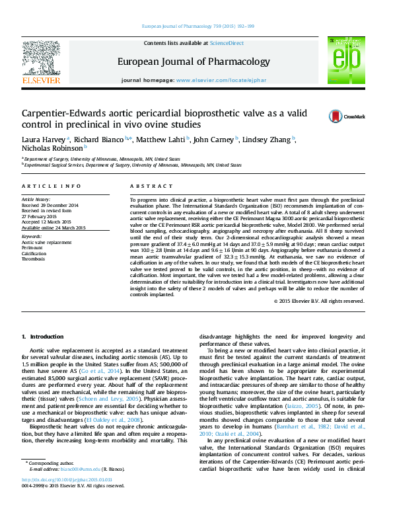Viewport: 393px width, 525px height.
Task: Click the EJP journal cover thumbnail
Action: pyautogui.click(x=345, y=60)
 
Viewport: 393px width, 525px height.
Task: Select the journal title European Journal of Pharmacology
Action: pyautogui.click(x=194, y=62)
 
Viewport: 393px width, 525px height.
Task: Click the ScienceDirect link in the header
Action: pyautogui.click(x=226, y=43)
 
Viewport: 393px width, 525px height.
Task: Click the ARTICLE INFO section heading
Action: pyautogui.click(x=52, y=186)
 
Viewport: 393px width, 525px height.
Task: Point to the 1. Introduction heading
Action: pyautogui.click(x=43, y=337)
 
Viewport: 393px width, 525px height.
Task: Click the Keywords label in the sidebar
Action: pyautogui.click(x=32, y=236)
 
